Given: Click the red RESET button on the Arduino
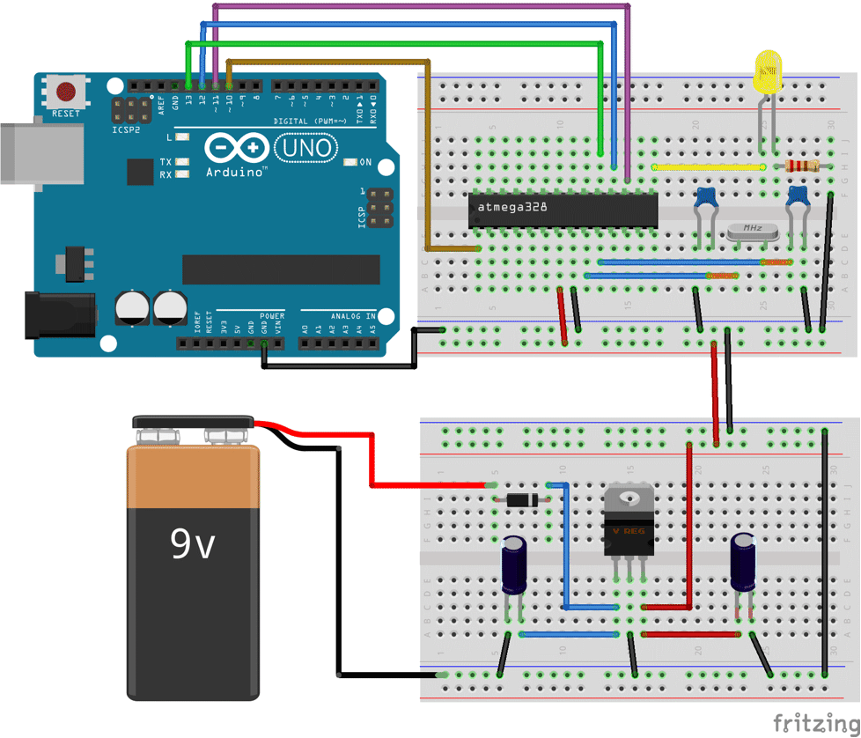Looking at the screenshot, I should click(x=66, y=91).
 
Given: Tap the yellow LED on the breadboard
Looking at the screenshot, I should click(x=768, y=70).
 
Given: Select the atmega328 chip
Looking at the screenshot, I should click(x=563, y=210).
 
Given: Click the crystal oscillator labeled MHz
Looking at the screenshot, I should click(x=753, y=231).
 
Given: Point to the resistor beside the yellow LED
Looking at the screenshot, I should click(x=801, y=166).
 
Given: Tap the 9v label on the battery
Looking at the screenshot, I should click(x=193, y=545).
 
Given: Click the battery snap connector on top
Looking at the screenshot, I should click(x=193, y=424).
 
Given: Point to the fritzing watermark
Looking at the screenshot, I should click(x=816, y=723).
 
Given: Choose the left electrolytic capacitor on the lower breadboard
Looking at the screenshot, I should click(x=514, y=565).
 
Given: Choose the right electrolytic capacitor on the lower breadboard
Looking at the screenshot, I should click(x=744, y=561).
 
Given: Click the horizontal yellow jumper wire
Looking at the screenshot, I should click(x=709, y=166).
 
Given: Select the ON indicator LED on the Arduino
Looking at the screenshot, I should click(x=350, y=162).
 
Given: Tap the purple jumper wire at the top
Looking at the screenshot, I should click(x=423, y=6).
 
